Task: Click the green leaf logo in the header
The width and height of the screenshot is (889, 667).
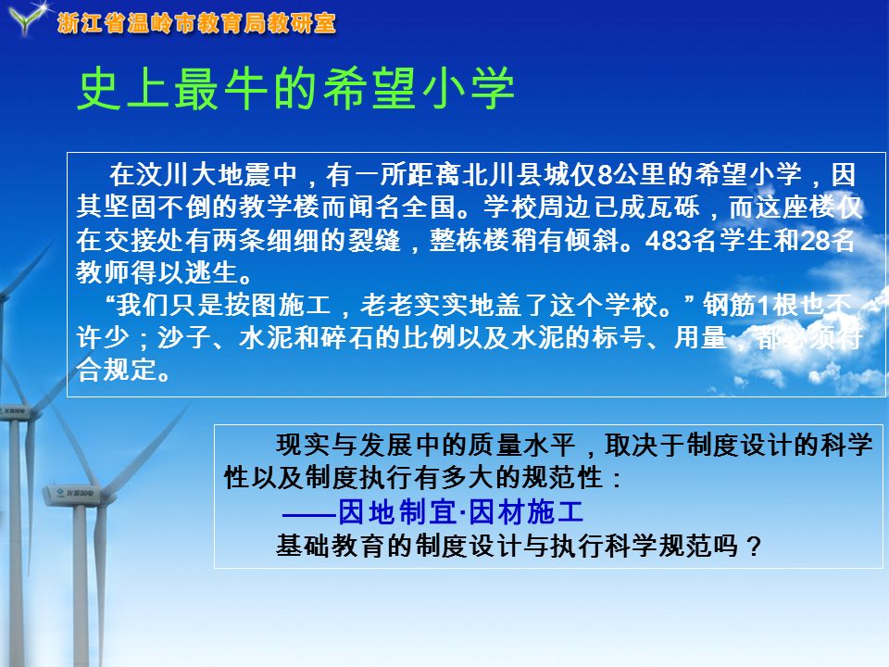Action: point(27,19)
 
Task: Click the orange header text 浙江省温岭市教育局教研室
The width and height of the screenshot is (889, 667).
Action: point(196,23)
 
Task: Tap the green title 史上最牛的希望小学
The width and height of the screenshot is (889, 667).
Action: point(295,89)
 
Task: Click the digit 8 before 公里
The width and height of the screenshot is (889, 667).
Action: point(605,175)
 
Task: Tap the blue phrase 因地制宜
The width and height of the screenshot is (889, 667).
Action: point(397,512)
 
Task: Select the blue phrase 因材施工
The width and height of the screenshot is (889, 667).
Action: point(526,512)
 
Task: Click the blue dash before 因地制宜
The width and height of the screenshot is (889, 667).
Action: point(309,515)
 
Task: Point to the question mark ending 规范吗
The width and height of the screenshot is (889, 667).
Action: point(753,547)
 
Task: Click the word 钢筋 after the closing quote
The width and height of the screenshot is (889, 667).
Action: point(730,306)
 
